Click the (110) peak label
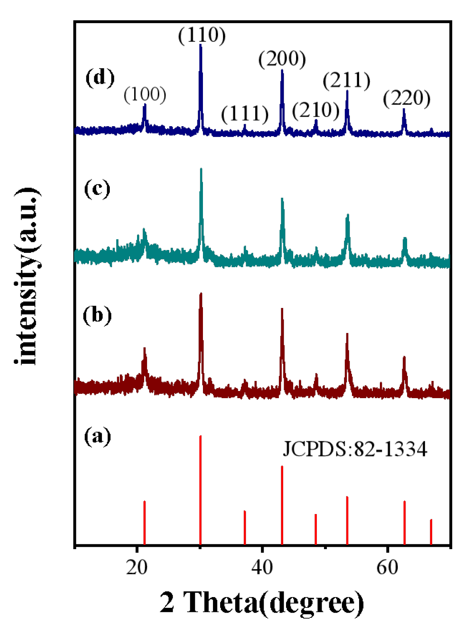pos(202,35)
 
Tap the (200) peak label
pos(282,59)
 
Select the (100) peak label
pos(145,95)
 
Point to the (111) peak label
pos(244,114)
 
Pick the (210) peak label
pos(316,110)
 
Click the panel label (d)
pos(100,77)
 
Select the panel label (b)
pos(97,316)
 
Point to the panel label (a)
pos(97,436)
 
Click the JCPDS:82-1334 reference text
pos(355,449)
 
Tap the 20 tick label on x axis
pos(137,568)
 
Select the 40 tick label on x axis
pos(262,568)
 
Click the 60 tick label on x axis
pos(387,568)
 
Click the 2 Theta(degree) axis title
pos(262,603)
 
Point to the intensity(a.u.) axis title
pos(27,276)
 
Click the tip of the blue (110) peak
pos(201,45)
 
